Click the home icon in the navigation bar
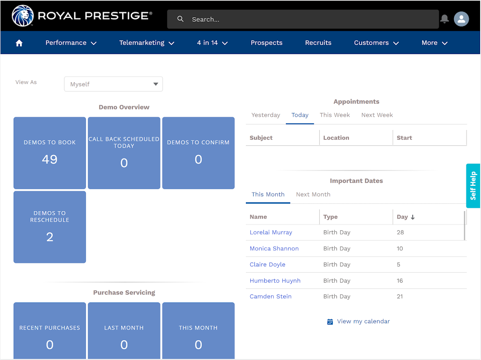19,43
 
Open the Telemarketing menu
146,43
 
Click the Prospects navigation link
267,43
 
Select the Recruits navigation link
318,43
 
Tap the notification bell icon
445,19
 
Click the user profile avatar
461,19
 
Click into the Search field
306,19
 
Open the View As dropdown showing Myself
113,84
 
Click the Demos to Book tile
50,153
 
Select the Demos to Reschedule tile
50,227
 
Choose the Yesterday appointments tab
266,115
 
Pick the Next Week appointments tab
377,115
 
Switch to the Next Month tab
313,194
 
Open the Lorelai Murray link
271,233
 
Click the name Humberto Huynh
275,281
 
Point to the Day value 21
400,297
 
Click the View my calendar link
363,321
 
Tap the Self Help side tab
473,185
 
